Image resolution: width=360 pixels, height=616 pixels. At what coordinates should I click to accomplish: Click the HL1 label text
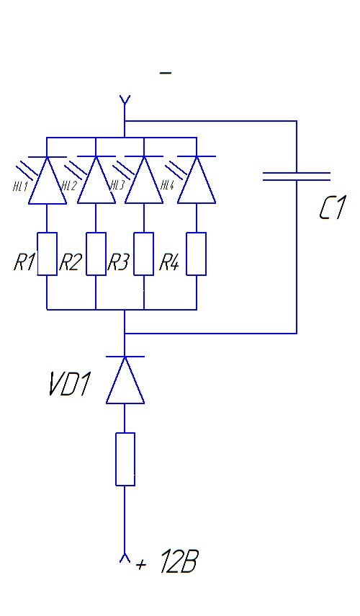(x=20, y=186)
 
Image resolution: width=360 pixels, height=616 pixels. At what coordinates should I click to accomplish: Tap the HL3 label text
(x=117, y=185)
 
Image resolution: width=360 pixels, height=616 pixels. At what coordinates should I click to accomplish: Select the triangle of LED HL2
(x=96, y=180)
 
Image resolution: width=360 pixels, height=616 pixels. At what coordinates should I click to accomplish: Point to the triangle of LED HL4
(x=197, y=180)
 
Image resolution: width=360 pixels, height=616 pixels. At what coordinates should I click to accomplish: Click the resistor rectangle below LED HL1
(x=47, y=254)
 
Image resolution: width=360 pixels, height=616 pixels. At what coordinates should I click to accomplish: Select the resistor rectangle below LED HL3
(x=144, y=254)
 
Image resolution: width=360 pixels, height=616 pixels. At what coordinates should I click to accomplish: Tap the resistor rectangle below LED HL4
(x=197, y=254)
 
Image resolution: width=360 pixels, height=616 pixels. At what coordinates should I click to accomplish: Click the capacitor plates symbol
(x=297, y=177)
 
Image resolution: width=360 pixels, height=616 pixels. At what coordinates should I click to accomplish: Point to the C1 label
(x=333, y=208)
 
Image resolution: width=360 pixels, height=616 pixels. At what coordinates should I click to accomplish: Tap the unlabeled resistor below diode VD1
(x=125, y=459)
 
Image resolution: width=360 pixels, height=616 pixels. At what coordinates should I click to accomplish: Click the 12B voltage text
(x=179, y=562)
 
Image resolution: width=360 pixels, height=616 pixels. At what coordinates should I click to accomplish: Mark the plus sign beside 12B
(x=141, y=565)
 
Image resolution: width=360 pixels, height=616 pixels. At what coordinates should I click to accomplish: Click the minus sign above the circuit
(x=166, y=73)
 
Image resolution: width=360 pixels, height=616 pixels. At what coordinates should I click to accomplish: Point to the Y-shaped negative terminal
(x=125, y=102)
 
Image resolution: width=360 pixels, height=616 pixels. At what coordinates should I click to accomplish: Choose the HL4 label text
(x=168, y=185)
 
